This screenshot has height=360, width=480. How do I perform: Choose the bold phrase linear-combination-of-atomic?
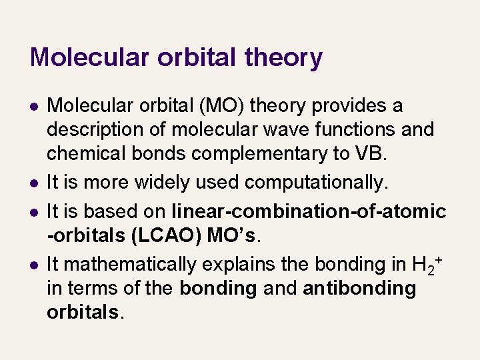pyautogui.click(x=309, y=212)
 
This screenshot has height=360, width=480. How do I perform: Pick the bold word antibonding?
pyautogui.click(x=359, y=289)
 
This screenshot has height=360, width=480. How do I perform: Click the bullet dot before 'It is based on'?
pyautogui.click(x=33, y=212)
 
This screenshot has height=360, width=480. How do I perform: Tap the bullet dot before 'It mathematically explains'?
pyautogui.click(x=33, y=265)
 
